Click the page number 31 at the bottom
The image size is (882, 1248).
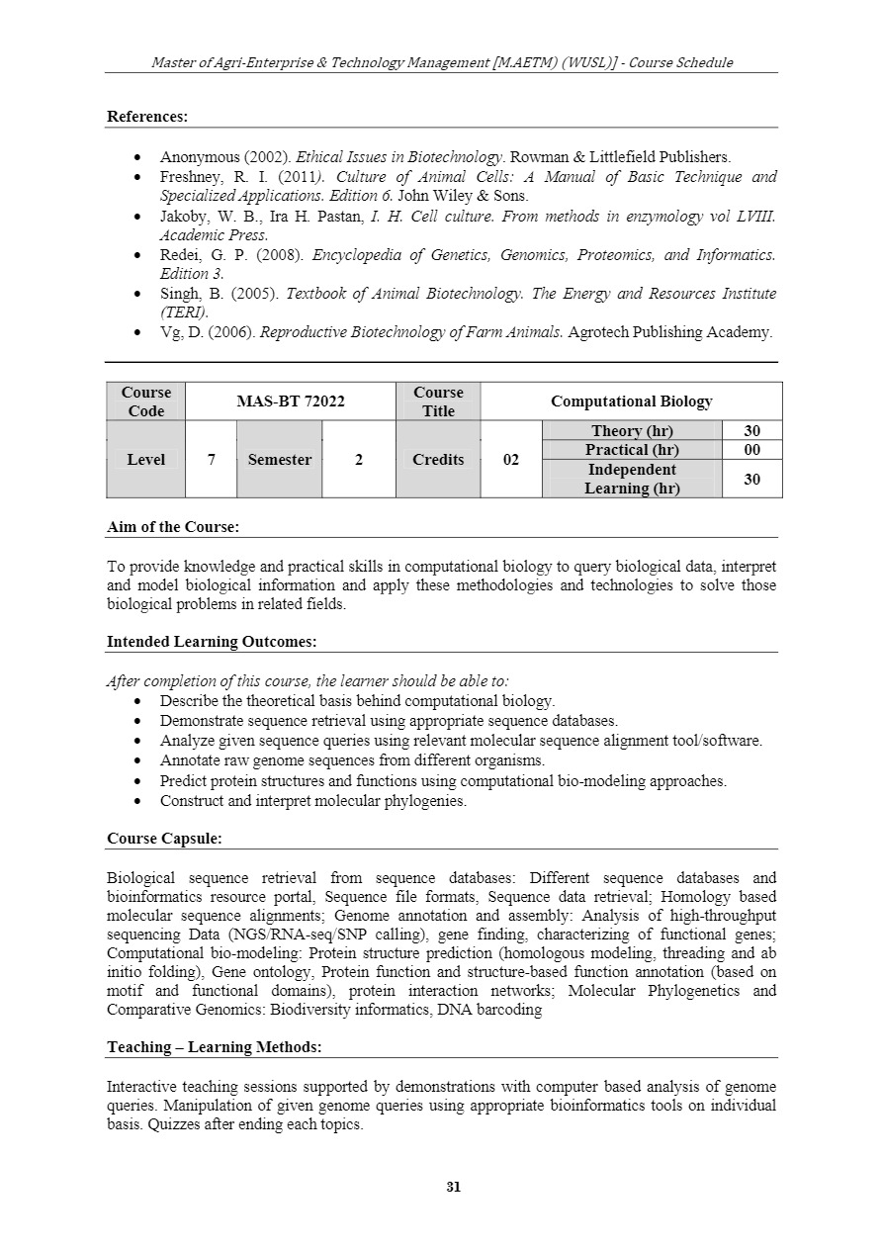click(454, 1188)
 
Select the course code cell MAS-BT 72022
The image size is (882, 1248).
click(290, 401)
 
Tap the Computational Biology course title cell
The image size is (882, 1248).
click(631, 401)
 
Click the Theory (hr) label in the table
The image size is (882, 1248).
click(631, 431)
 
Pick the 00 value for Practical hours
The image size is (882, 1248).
click(751, 450)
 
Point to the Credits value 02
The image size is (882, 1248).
click(511, 460)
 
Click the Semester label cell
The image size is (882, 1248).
click(280, 460)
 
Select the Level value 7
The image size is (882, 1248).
click(211, 460)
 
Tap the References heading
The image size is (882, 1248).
click(147, 117)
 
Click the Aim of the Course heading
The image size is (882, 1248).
click(173, 527)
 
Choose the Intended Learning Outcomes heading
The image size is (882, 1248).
click(212, 642)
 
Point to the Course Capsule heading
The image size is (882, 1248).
click(164, 839)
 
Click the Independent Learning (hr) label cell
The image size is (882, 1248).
click(632, 479)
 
